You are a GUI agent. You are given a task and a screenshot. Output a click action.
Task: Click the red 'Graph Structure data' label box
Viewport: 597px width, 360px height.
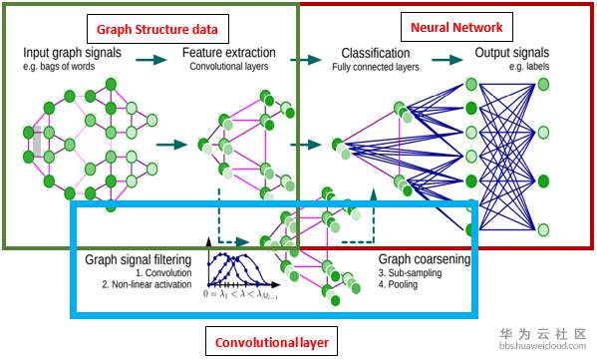157,29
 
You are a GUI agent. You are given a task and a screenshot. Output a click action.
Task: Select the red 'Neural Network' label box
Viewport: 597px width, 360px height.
456,27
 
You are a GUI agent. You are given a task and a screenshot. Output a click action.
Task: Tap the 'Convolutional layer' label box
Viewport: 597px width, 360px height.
271,342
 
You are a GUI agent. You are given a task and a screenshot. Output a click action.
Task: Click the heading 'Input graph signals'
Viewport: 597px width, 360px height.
72,53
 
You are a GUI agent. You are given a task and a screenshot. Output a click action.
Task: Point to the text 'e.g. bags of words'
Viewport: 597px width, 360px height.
59,66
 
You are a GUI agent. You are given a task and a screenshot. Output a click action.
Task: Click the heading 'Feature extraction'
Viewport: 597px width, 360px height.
229,53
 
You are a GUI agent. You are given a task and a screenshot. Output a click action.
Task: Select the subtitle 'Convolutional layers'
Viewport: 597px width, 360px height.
229,66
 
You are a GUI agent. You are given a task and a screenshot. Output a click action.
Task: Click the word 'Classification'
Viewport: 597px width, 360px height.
376,53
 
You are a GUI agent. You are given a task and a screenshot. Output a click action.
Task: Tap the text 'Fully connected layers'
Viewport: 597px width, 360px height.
376,67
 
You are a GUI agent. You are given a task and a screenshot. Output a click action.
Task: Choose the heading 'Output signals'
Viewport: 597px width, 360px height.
511,53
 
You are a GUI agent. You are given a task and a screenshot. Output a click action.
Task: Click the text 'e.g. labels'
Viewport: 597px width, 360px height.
529,66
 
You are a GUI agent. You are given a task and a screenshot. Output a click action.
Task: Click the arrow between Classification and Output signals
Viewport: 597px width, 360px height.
447,60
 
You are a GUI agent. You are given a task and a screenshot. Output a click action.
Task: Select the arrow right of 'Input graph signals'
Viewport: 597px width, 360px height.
151,60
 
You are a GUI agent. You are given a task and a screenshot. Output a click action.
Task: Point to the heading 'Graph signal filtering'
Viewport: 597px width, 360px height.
138,260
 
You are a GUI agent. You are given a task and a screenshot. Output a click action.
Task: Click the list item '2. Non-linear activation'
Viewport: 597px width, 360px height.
147,284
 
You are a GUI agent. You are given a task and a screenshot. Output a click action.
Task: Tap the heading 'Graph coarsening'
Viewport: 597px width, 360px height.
425,259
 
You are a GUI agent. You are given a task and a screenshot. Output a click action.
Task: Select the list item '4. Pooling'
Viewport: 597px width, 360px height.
398,284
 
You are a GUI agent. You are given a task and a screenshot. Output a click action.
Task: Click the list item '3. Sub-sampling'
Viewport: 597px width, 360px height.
410,273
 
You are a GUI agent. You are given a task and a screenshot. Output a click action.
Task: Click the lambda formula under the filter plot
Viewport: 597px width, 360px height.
240,294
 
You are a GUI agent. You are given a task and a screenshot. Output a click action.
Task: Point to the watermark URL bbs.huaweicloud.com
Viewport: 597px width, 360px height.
542,346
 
